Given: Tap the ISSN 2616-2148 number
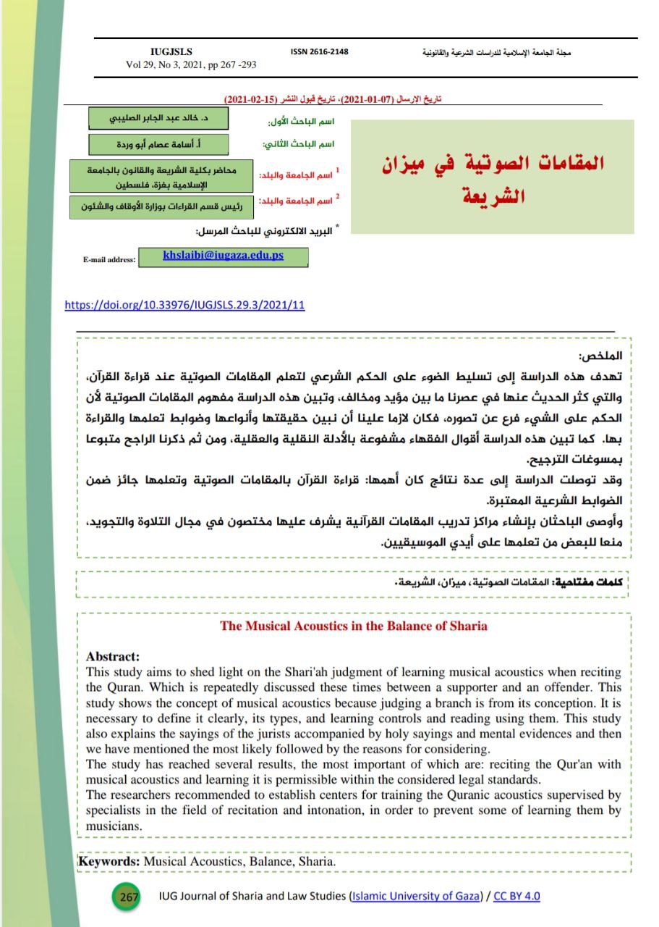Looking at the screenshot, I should [319, 51].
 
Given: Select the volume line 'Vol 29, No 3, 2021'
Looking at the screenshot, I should [191, 64].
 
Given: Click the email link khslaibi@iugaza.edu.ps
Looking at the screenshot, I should [223, 256].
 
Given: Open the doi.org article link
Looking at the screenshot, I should [184, 305].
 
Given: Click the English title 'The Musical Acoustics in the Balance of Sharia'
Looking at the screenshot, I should [354, 626].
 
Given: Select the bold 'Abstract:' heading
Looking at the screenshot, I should [112, 657].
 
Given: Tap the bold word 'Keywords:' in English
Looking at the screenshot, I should [109, 862].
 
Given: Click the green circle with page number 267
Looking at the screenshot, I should [128, 897].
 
